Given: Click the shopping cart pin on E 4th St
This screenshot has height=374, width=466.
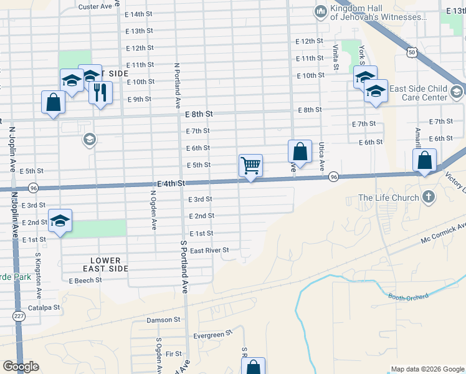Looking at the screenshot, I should tap(250, 166).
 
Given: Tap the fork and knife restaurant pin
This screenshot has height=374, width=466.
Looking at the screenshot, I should tap(100, 93).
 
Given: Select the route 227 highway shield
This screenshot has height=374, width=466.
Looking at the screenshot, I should tap(19, 317).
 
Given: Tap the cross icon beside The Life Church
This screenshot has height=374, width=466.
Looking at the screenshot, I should tap(428, 198).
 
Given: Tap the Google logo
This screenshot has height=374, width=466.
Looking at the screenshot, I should tap(21, 367).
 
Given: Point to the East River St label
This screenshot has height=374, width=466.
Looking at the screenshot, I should tap(210, 250).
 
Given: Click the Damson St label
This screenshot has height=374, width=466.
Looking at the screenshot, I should tap(163, 320).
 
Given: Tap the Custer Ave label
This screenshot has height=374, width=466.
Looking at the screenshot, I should tap(95, 6).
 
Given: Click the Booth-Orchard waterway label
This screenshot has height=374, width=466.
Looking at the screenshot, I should tap(408, 297).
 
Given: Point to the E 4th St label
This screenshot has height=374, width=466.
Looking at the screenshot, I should tap(172, 183).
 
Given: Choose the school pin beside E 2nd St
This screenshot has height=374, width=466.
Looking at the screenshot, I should tap(60, 221).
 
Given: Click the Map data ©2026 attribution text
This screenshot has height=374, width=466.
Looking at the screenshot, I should tap(427, 369).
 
